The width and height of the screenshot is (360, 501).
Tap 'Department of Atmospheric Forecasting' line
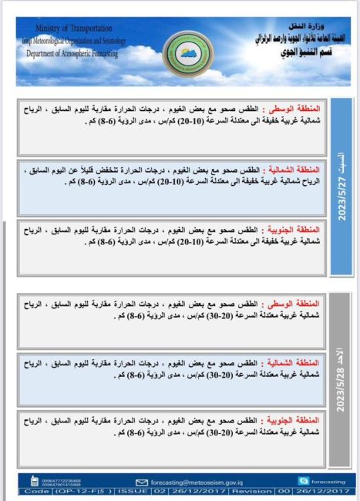point(73,54)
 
